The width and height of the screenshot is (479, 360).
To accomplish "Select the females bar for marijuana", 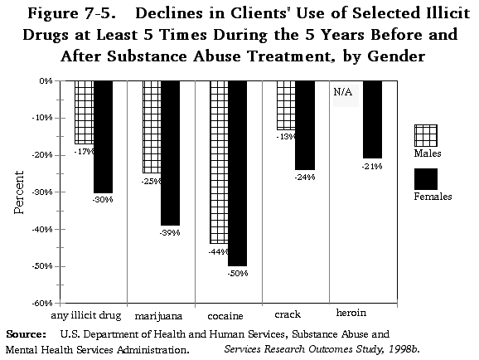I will coord(169,153).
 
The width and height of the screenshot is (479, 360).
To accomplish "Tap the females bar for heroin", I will coord(372,119).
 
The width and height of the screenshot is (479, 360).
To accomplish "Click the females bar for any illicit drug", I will coord(103,137).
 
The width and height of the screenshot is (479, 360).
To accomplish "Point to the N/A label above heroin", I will coord(342,92).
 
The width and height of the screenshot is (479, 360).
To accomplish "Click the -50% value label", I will coord(237,272).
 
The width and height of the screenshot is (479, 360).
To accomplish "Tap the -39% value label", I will coord(170,232).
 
